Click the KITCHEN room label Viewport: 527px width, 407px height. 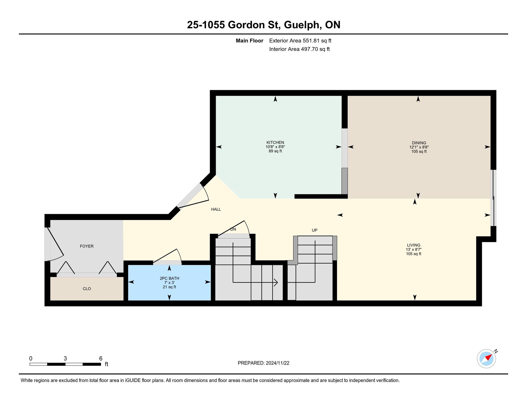point(275,142)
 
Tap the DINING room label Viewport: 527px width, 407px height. point(419,143)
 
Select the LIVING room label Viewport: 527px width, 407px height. point(413,245)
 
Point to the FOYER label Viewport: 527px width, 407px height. point(87,246)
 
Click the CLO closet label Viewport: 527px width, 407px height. point(87,289)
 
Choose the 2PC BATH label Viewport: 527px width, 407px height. point(169,278)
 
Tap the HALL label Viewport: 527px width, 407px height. point(216,209)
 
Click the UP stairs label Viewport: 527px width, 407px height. point(315,230)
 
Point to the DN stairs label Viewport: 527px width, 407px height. point(233,229)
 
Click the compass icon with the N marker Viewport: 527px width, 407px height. point(486,358)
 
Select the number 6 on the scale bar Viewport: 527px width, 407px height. point(101,358)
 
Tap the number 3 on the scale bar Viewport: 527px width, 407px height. point(65,358)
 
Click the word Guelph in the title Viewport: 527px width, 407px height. point(302,25)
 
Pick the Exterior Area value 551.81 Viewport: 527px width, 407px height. point(311,41)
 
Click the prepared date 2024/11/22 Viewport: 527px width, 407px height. point(277,363)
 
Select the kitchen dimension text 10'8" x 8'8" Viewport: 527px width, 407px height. point(275,147)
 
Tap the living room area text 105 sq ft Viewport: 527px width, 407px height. point(413,254)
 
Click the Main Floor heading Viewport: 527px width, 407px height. point(250,41)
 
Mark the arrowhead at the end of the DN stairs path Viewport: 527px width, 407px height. point(276,282)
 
